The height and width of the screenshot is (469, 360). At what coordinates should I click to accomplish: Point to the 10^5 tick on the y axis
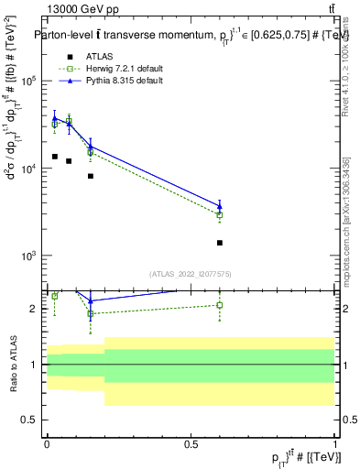[x=27, y=82]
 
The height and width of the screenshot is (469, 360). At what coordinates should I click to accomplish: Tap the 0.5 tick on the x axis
[x=191, y=444]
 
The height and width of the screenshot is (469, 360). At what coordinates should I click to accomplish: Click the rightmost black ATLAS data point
[x=220, y=243]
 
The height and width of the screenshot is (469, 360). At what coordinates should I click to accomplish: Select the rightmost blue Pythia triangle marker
[x=220, y=205]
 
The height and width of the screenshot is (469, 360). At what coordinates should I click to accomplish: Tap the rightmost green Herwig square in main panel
[x=220, y=215]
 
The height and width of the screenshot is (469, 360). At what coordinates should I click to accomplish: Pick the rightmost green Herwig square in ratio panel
[x=220, y=305]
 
